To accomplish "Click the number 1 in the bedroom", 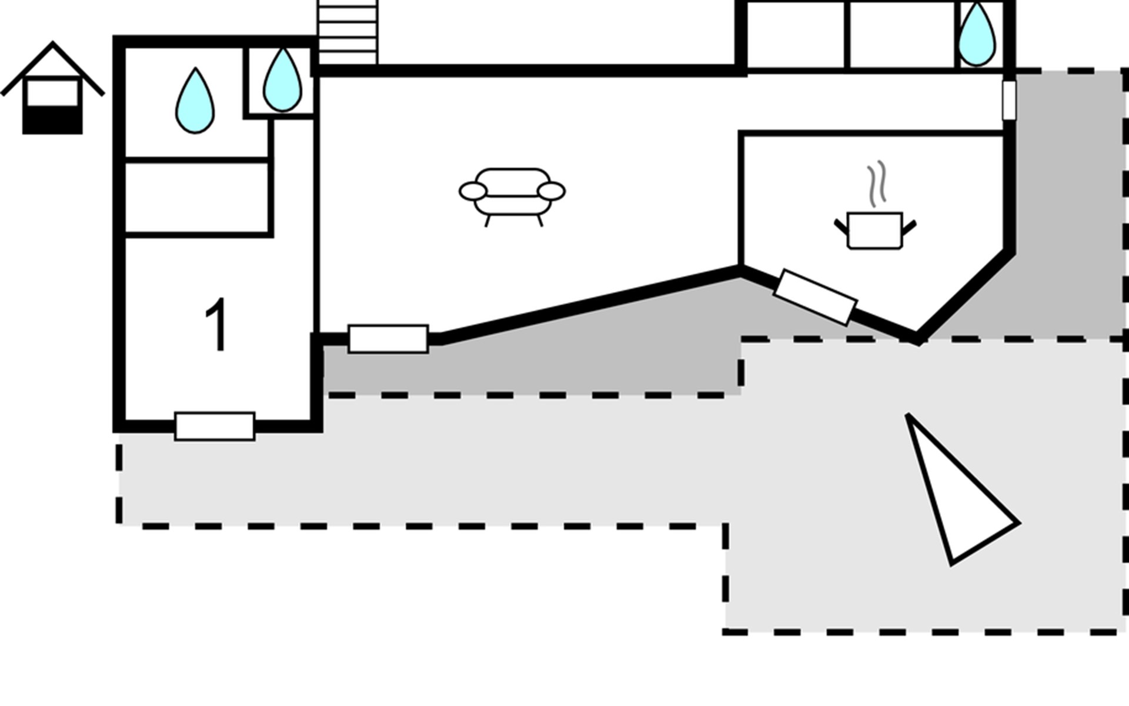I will [x=217, y=325].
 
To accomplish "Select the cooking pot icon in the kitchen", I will [x=874, y=230].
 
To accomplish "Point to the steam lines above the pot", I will [x=876, y=184].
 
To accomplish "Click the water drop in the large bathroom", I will [x=195, y=102].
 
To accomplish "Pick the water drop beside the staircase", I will [x=282, y=81].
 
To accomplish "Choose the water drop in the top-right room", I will [x=976, y=35].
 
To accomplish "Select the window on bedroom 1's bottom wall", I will [x=215, y=426].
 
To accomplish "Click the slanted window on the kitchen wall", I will [x=815, y=297].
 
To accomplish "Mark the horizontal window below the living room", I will [x=388, y=339].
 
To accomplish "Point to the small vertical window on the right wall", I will [x=1008, y=100].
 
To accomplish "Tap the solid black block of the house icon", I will [x=52, y=121].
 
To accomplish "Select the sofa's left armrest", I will [x=473, y=191].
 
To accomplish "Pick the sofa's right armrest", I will [x=552, y=191].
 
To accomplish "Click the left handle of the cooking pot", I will [x=841, y=227].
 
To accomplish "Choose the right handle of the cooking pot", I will [x=909, y=227].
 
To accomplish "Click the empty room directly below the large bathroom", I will [x=197, y=198].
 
